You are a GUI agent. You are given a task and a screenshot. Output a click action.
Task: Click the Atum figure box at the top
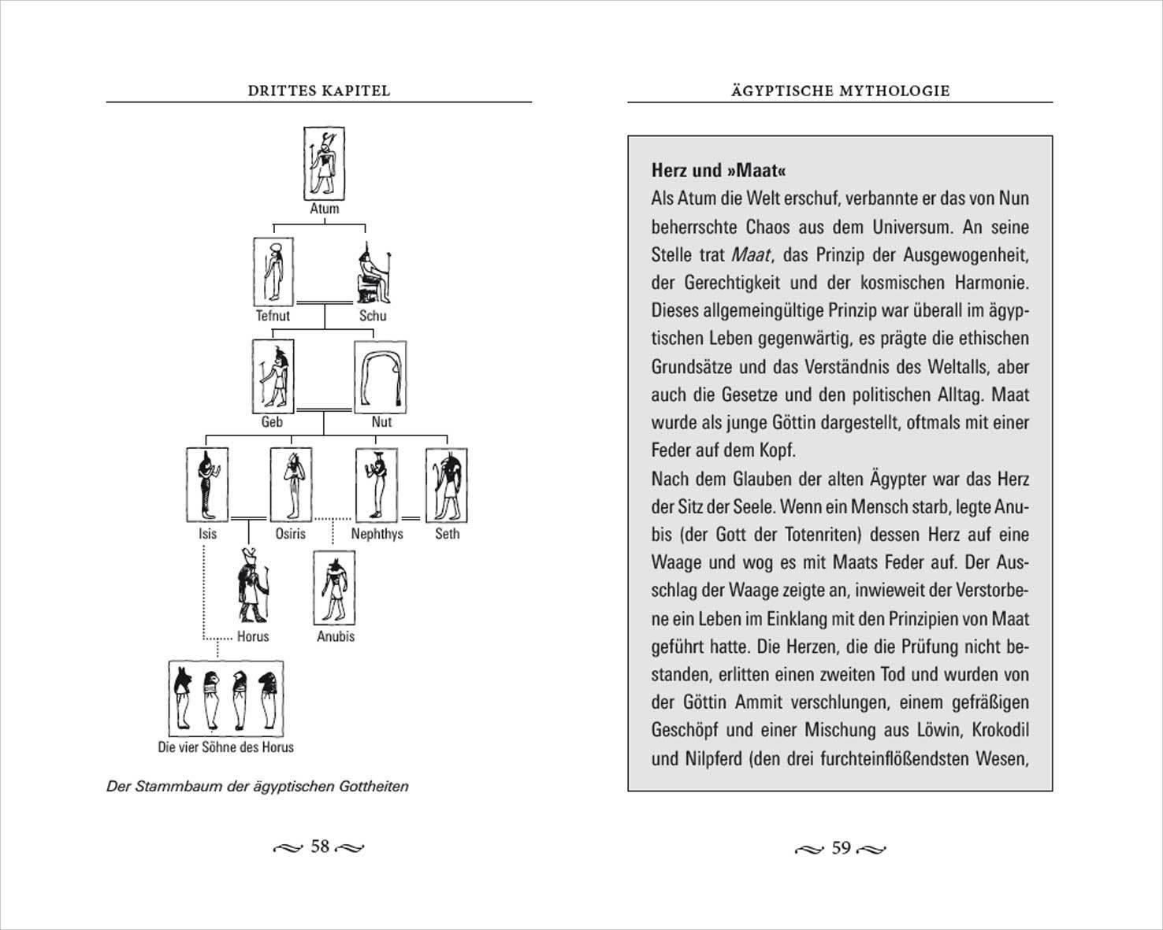click(x=324, y=164)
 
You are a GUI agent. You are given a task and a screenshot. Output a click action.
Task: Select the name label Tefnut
click(x=273, y=316)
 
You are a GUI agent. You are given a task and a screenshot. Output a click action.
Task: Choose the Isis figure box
click(x=207, y=485)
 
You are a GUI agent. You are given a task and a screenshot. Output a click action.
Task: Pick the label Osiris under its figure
click(x=290, y=534)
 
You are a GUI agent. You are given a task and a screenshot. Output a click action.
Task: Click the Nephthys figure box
click(x=375, y=485)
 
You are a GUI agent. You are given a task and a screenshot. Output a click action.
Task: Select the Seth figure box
click(x=446, y=485)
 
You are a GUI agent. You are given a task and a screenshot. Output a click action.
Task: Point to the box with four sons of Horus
click(x=226, y=698)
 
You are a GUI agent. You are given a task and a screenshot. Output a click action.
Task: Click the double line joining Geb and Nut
click(x=324, y=409)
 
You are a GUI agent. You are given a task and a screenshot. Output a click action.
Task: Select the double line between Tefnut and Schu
click(x=324, y=302)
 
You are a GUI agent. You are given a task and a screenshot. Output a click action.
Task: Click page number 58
click(x=319, y=847)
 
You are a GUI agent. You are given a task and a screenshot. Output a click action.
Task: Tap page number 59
click(x=841, y=848)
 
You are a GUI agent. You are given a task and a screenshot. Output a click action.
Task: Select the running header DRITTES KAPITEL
click(x=318, y=91)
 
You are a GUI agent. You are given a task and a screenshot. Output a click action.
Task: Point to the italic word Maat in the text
click(x=750, y=255)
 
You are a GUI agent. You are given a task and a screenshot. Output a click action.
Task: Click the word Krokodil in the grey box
click(x=1000, y=730)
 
